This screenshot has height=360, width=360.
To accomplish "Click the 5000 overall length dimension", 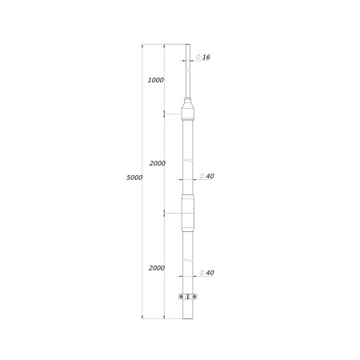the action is coord(134,178).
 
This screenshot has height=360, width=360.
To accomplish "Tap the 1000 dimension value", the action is coord(156,80).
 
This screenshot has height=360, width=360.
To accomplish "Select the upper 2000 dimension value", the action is coord(158,163).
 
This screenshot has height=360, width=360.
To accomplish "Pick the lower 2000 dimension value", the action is coord(157,268).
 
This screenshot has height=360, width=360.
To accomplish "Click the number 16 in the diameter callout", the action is coord(206,57).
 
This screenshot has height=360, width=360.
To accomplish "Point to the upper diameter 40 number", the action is coord(210,176).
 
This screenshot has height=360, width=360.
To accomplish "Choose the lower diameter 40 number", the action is coord(210,273).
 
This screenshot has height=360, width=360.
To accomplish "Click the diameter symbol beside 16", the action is coord(198,57).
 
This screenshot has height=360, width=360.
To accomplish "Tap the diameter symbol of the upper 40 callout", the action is coord(202,176).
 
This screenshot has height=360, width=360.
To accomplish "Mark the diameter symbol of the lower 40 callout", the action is coord(202,273).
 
